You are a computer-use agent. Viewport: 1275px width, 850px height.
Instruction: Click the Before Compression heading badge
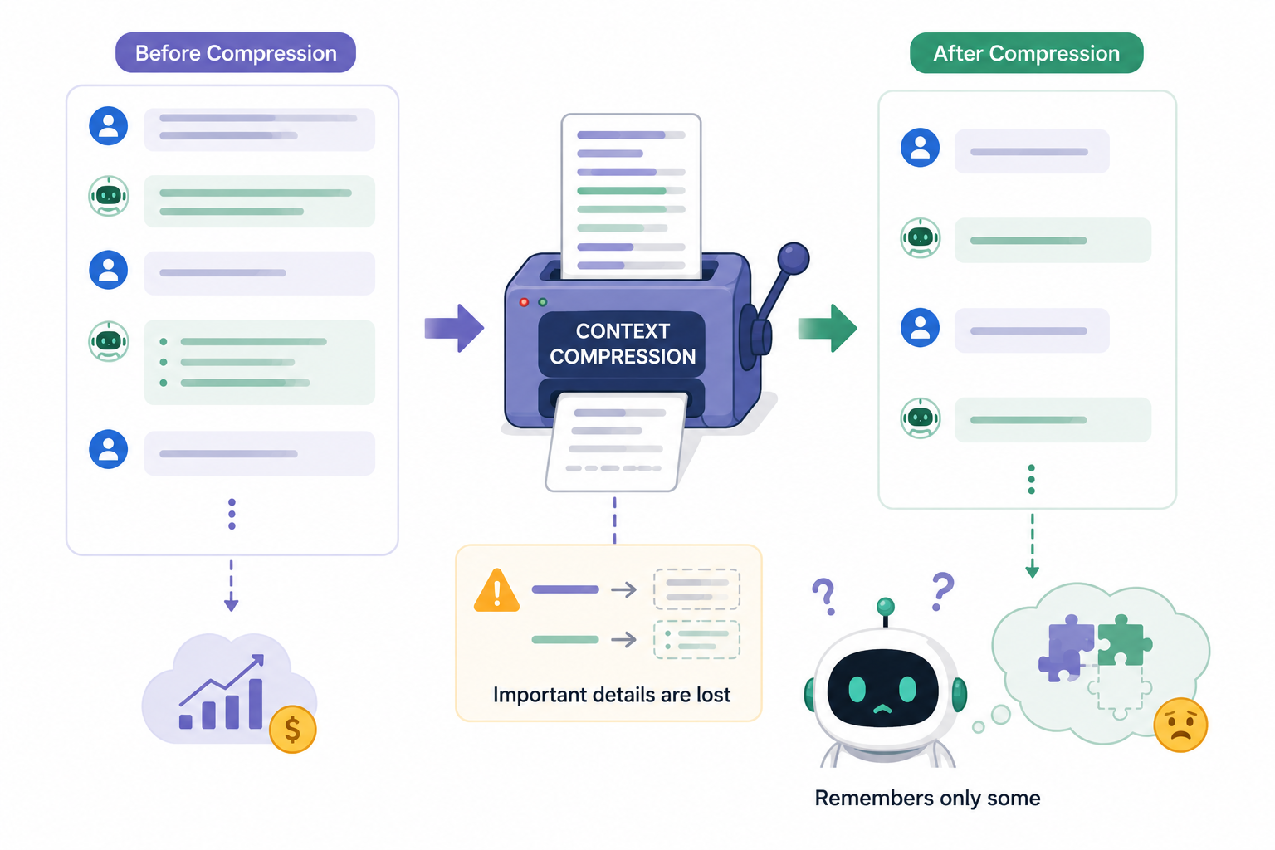point(236,52)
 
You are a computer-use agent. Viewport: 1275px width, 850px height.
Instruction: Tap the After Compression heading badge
point(1026,53)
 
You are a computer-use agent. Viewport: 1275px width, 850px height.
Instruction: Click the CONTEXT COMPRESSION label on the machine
point(622,344)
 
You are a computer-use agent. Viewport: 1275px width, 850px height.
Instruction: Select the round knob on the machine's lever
point(794,258)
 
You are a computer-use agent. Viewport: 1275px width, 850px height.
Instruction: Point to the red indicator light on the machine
point(524,302)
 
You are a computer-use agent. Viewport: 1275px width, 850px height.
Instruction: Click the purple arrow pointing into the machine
point(454,329)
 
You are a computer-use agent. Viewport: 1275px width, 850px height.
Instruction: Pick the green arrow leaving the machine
point(828,329)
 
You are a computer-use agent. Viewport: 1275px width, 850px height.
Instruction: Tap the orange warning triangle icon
point(497,590)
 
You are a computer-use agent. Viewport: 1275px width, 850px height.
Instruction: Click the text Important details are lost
point(612,695)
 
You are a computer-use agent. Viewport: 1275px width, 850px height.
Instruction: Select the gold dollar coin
point(292,730)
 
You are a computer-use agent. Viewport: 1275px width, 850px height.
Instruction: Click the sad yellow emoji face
point(1180,725)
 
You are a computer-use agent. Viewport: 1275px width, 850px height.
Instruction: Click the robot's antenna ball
point(885,607)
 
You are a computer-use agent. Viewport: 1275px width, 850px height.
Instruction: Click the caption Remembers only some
point(927,799)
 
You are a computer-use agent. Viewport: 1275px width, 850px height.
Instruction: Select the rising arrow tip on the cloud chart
point(260,658)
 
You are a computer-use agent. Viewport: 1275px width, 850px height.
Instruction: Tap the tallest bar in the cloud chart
point(256,704)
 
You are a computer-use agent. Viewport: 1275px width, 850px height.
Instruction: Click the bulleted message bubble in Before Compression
point(260,362)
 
